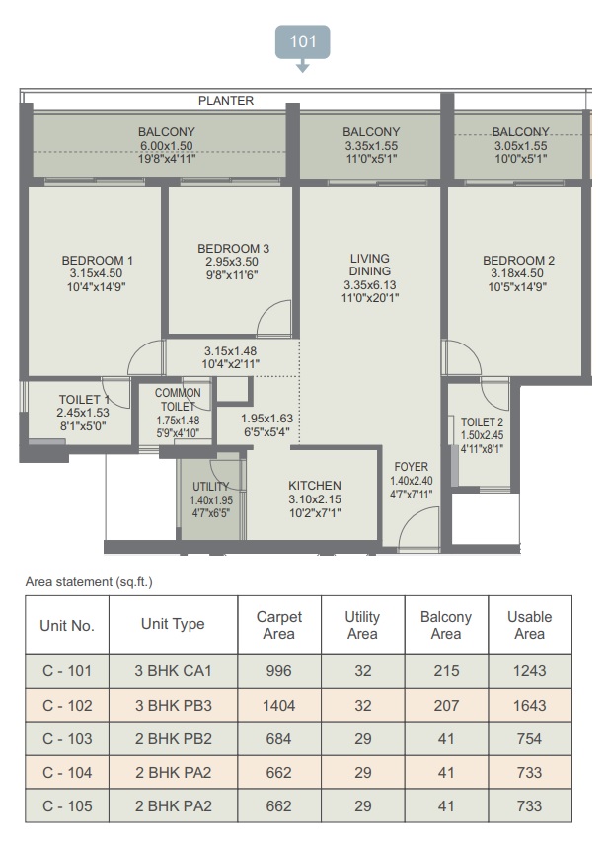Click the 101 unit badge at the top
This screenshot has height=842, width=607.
tap(303, 41)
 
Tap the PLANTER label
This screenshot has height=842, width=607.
tap(226, 101)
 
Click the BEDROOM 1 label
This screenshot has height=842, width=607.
tap(97, 260)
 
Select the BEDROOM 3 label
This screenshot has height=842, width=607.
tap(234, 249)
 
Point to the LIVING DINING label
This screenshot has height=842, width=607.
tap(370, 265)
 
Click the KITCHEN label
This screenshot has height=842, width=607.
tap(315, 485)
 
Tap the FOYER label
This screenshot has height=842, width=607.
tap(412, 467)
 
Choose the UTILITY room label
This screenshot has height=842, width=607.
tap(211, 486)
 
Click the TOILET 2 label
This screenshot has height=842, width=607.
tap(482, 422)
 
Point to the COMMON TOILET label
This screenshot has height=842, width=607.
tap(178, 400)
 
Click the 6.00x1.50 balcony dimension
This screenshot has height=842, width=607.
tap(167, 145)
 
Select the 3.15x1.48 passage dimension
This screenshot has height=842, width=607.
tap(230, 351)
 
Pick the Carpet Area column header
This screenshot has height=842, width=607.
tap(279, 625)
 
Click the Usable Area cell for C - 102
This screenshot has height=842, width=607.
tap(530, 705)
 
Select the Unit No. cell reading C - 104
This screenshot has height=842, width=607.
tap(67, 772)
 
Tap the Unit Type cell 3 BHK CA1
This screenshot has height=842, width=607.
tap(173, 671)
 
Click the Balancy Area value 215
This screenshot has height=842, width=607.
tap(446, 671)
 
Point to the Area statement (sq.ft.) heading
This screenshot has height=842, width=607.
tap(89, 582)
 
